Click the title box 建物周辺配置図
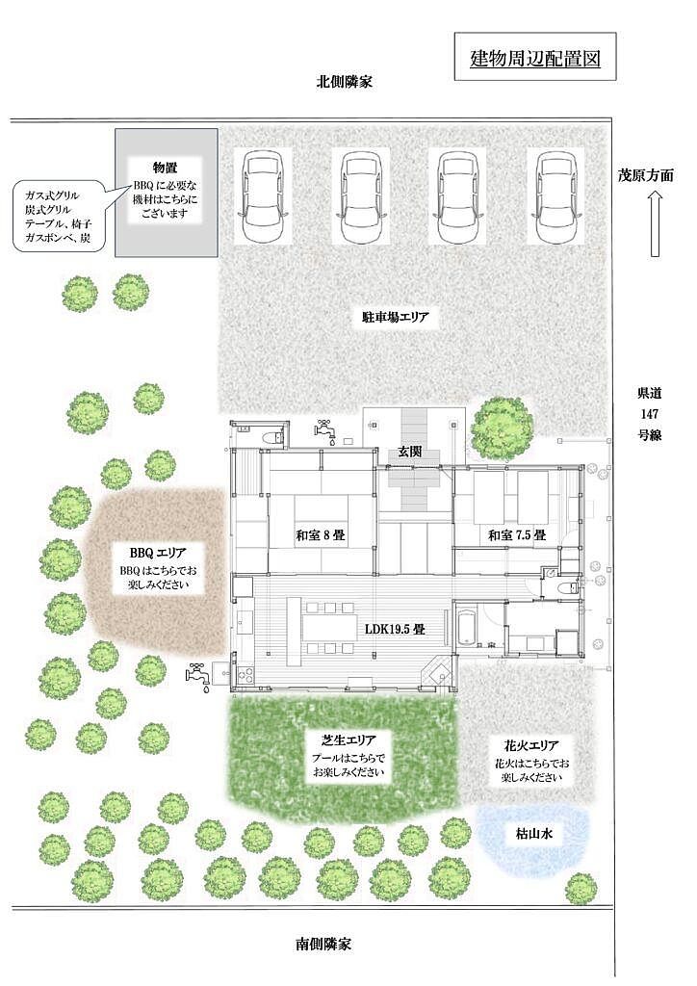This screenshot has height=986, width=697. [x=535, y=57]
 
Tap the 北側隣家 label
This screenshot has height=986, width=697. [x=344, y=82]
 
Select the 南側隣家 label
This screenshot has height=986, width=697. [x=323, y=944]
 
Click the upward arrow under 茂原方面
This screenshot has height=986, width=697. [x=655, y=223]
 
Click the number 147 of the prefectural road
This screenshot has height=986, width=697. [x=649, y=414]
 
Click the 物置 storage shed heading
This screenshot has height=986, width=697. [x=166, y=168]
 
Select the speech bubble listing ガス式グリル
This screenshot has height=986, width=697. [x=60, y=217]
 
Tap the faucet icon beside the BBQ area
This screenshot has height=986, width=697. [x=197, y=677]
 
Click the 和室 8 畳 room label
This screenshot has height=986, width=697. [x=322, y=535]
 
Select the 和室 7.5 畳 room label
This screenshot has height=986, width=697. [x=517, y=535]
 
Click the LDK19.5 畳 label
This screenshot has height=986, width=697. [x=397, y=628]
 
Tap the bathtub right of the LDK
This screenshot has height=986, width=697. [x=466, y=626]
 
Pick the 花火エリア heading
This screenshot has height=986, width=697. [x=531, y=746]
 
